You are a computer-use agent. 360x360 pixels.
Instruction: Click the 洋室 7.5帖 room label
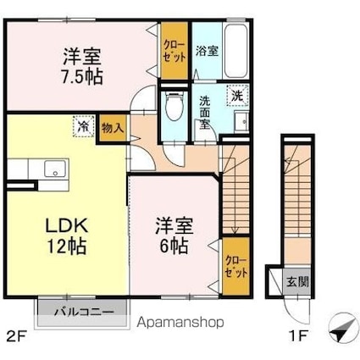click(x=82, y=67)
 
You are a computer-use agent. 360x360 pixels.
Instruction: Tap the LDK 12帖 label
click(x=67, y=236)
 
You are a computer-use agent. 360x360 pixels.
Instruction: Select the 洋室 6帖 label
click(x=174, y=235)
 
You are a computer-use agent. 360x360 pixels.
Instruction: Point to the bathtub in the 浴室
click(x=235, y=52)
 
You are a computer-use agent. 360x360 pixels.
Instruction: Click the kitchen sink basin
click(x=55, y=169)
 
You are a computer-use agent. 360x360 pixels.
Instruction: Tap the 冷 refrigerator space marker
click(x=83, y=126)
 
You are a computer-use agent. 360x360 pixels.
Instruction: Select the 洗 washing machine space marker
click(x=237, y=96)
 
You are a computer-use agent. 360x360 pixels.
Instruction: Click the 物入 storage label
click(x=113, y=129)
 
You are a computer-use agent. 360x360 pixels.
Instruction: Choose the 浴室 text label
click(x=207, y=52)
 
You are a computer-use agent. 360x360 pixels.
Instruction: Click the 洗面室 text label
click(x=205, y=113)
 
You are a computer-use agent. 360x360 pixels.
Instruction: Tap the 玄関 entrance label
click(x=298, y=281)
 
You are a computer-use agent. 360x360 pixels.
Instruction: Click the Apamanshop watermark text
click(x=180, y=322)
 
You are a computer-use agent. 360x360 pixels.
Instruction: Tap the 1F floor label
click(x=298, y=336)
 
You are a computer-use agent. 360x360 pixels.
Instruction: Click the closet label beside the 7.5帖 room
click(x=174, y=51)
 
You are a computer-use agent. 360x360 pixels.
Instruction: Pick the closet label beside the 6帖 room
click(x=236, y=267)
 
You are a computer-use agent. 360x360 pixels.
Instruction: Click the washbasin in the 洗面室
click(x=241, y=122)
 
